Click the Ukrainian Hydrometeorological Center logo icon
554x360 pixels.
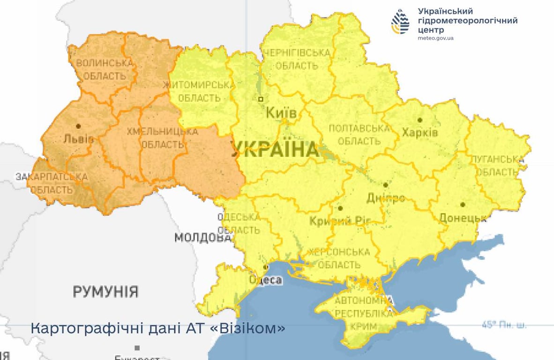tap(400, 22)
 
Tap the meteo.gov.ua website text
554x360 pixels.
tap(435, 38)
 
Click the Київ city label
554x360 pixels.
tap(281, 113)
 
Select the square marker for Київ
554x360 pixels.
tap(261, 99)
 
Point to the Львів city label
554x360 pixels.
tap(78, 139)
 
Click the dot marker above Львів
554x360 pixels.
tap(78, 126)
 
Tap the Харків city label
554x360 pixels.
tap(419, 133)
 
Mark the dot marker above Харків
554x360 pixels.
tap(420, 120)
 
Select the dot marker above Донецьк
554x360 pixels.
tap(463, 204)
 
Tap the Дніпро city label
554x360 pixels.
tap(386, 198)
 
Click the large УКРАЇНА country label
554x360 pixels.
tap(274, 150)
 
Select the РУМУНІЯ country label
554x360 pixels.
tap(105, 292)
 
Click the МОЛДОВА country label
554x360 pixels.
tap(203, 238)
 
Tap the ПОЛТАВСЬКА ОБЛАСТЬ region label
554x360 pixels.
tap(359, 135)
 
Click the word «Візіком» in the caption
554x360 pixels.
tap(248, 328)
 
